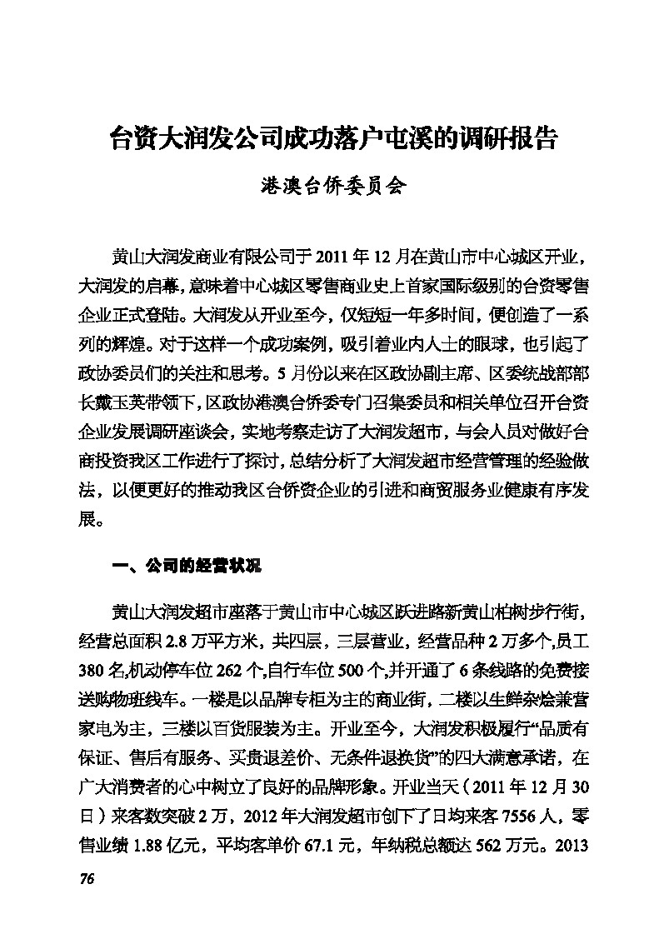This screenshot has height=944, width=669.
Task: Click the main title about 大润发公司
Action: click(x=334, y=138)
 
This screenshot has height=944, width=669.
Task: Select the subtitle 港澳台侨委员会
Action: click(x=334, y=186)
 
